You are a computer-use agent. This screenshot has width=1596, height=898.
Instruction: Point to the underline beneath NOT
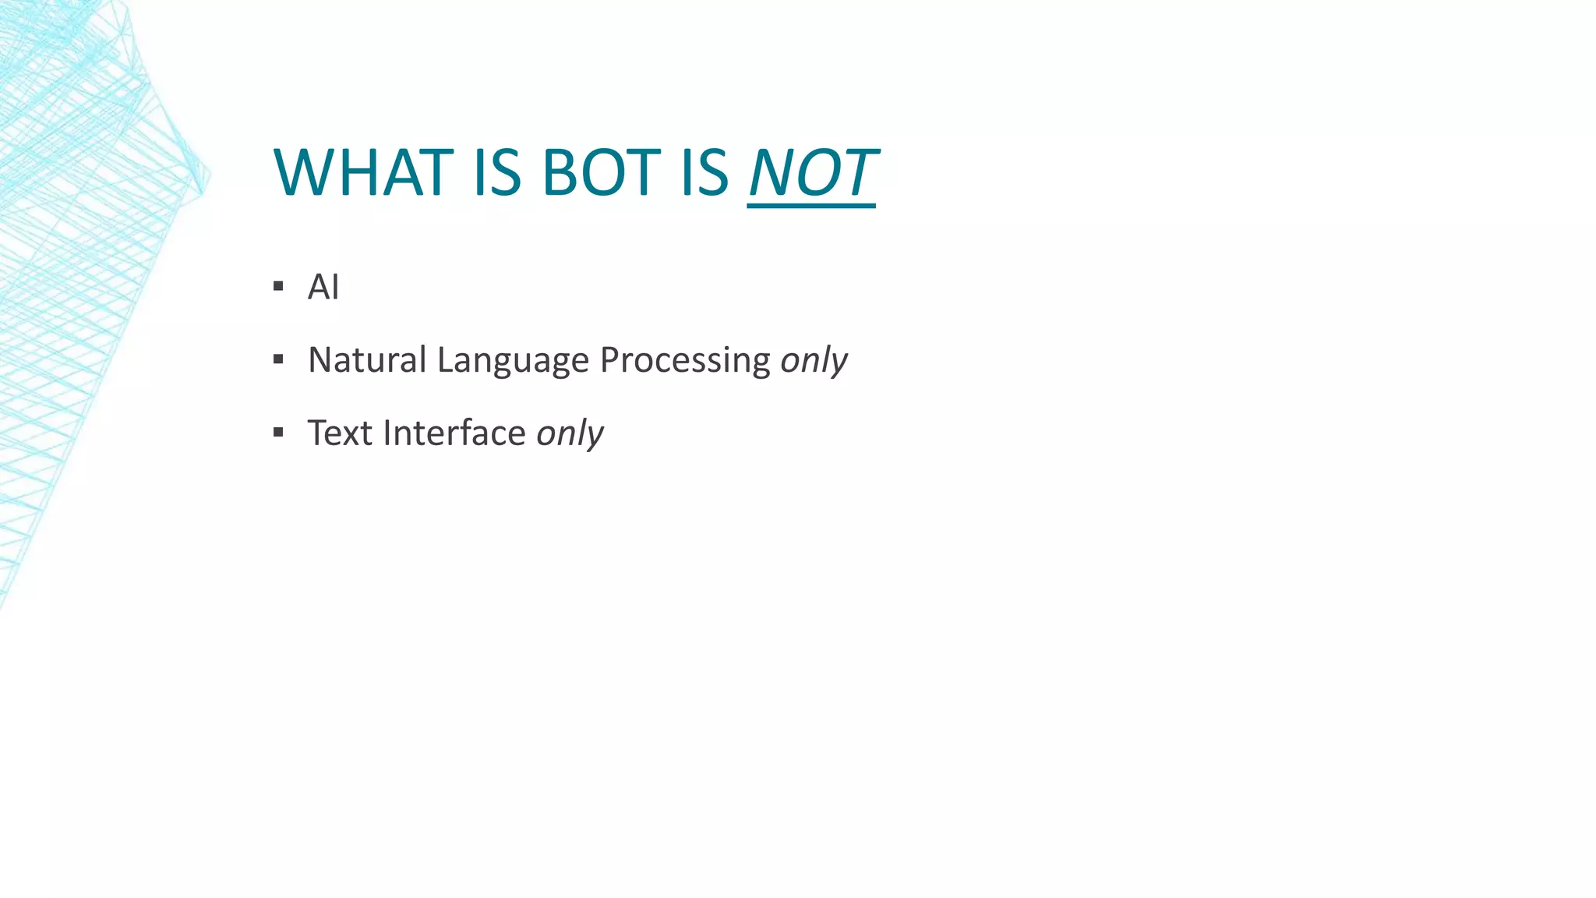[811, 206]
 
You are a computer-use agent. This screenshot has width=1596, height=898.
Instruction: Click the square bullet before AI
[278, 287]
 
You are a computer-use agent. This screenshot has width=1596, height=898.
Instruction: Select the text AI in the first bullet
[323, 287]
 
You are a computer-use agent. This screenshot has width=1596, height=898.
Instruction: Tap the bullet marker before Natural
[278, 359]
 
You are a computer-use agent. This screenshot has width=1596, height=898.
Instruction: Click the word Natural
[367, 359]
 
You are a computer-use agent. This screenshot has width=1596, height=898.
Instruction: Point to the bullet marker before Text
[278, 432]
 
